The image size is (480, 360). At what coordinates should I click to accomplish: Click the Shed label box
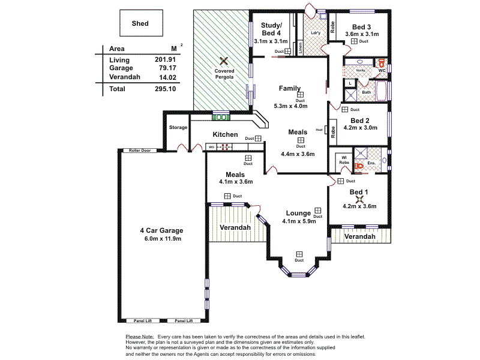(140, 24)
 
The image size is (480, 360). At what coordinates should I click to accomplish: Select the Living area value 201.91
(165, 60)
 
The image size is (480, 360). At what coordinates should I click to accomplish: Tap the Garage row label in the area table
(121, 68)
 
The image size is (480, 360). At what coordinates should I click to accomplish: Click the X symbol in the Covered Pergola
(223, 61)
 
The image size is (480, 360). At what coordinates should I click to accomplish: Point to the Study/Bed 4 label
(271, 29)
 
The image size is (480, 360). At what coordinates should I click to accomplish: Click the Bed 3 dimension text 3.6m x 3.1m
(362, 34)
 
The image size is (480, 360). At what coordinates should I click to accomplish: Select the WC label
(382, 70)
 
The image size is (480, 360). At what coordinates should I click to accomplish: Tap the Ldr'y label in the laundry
(315, 32)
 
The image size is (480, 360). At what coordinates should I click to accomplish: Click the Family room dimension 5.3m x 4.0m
(290, 106)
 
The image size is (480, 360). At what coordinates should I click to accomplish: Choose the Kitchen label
(226, 134)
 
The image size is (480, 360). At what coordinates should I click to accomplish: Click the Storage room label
(178, 127)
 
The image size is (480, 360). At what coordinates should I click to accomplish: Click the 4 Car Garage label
(161, 230)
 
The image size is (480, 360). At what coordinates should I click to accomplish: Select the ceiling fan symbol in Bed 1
(359, 199)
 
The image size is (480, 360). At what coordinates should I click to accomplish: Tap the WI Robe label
(344, 160)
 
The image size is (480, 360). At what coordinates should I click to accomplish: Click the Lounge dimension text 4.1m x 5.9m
(299, 221)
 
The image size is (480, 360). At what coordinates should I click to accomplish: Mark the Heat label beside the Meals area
(319, 130)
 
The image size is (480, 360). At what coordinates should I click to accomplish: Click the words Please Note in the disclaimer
(140, 337)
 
